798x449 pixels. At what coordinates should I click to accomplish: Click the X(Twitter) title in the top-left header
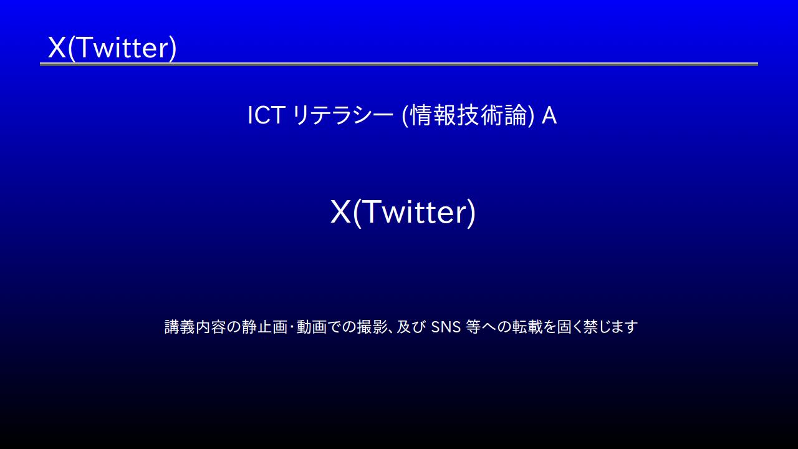[112, 48]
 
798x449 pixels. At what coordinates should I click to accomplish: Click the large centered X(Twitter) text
[403, 213]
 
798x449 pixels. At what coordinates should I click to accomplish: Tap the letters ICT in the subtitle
[266, 115]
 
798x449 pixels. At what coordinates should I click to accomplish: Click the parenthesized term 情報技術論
[468, 115]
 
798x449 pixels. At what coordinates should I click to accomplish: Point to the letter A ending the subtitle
[549, 115]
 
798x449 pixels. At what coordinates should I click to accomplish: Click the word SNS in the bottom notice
[446, 327]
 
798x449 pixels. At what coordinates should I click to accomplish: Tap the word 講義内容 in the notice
[195, 327]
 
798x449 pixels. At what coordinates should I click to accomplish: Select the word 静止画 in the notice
[265, 327]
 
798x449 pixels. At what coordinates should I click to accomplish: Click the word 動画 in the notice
[312, 327]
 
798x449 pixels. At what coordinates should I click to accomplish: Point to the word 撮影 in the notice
[373, 327]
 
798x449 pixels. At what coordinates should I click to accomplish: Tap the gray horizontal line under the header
[399, 64]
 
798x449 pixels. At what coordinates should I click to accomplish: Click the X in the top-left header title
[57, 47]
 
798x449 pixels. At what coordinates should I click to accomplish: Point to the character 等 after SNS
[473, 327]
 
